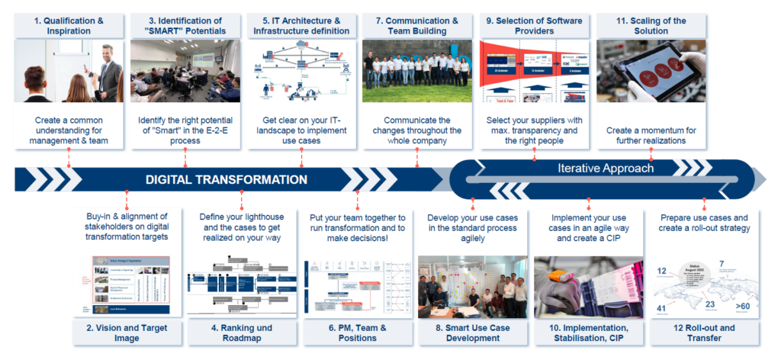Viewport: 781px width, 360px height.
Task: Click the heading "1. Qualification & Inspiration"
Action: coord(68,26)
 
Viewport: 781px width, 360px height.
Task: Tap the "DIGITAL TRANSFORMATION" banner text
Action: coord(227,180)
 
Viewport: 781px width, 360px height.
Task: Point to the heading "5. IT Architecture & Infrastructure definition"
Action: coord(301,26)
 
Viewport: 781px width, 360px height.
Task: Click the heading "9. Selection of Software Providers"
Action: coord(533,26)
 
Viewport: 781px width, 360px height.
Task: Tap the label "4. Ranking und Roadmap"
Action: coord(241,334)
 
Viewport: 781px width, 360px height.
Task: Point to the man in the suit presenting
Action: coord(107,76)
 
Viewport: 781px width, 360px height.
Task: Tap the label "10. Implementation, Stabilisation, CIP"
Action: coord(588,334)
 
